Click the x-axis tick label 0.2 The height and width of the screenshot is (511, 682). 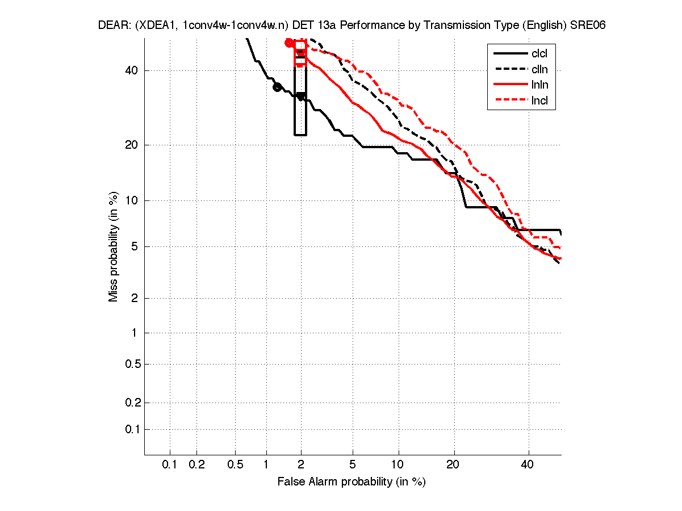coord(196,465)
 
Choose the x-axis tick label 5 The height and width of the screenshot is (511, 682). coord(353,465)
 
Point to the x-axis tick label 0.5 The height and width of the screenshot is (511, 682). coord(235,465)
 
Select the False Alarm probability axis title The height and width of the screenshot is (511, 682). coord(352,482)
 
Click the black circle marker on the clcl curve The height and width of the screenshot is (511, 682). coord(277,87)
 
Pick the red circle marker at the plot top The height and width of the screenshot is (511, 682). coord(289,43)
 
